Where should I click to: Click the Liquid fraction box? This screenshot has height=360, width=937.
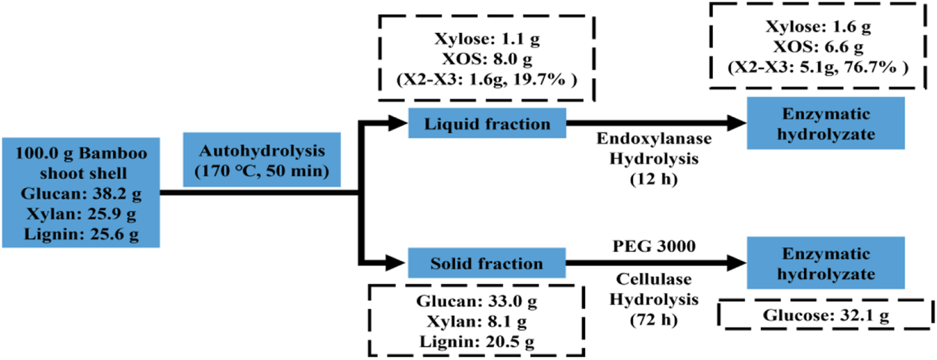tap(487, 124)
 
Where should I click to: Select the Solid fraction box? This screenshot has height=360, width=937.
tap(487, 263)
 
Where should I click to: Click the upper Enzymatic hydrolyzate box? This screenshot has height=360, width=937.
tap(827, 124)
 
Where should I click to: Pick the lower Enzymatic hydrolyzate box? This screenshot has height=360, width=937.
tap(827, 263)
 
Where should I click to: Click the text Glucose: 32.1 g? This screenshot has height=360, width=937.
tap(826, 314)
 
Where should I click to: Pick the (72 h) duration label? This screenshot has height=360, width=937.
tap(647, 320)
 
